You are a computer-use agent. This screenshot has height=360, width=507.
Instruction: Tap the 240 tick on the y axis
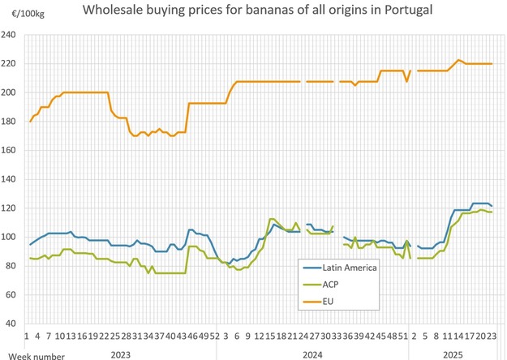(x=10, y=36)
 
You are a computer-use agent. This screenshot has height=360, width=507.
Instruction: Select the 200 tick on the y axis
(x=10, y=92)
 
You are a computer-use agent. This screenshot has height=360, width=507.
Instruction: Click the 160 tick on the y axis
(x=10, y=150)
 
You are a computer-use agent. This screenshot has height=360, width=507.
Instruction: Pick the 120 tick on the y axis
(x=10, y=208)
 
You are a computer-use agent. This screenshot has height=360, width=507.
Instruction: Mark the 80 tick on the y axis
(x=11, y=266)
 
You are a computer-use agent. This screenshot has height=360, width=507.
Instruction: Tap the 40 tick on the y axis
(x=11, y=324)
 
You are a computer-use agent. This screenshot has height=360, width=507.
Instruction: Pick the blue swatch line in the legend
(x=308, y=268)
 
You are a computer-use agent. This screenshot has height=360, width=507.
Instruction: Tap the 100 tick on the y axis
(x=10, y=237)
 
